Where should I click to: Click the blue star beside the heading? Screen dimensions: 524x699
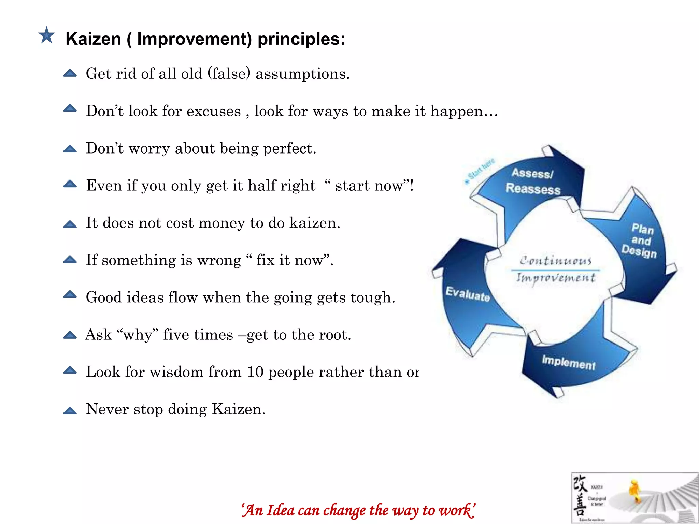coord(46,35)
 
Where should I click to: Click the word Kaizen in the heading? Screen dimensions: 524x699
coord(93,39)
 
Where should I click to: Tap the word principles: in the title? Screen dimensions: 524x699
coord(301,39)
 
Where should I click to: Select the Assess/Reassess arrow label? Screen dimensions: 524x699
coord(533,181)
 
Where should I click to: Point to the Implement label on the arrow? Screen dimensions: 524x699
coord(569,362)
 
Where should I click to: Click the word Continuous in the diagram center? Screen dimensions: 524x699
coord(555,261)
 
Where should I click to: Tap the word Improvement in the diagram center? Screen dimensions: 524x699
coord(556,278)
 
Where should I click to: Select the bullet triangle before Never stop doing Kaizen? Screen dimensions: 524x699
coord(70,410)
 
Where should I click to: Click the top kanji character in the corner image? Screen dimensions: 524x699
coord(580,483)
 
